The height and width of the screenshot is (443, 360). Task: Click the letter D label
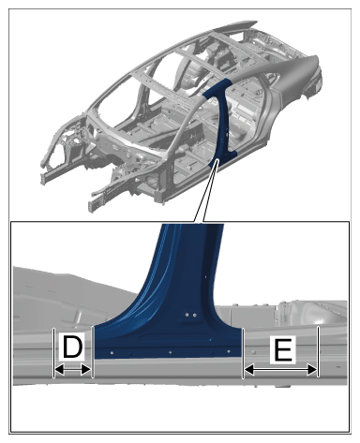click(72, 346)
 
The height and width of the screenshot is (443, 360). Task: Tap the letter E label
click(283, 350)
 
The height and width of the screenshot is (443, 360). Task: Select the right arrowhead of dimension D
click(85, 371)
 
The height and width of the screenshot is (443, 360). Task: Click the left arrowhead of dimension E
click(249, 371)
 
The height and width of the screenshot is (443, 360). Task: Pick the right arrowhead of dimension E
click(312, 371)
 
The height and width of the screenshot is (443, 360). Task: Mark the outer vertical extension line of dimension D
click(53, 353)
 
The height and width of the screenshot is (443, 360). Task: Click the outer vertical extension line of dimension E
click(318, 352)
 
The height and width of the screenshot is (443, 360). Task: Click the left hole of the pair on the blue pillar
click(187, 315)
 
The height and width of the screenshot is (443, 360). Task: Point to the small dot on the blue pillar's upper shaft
click(205, 276)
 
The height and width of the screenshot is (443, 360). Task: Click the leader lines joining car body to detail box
click(204, 192)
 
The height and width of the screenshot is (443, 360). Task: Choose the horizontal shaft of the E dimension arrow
click(280, 371)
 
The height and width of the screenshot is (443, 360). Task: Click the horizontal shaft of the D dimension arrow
click(72, 371)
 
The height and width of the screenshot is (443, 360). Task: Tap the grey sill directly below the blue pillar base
click(169, 368)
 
